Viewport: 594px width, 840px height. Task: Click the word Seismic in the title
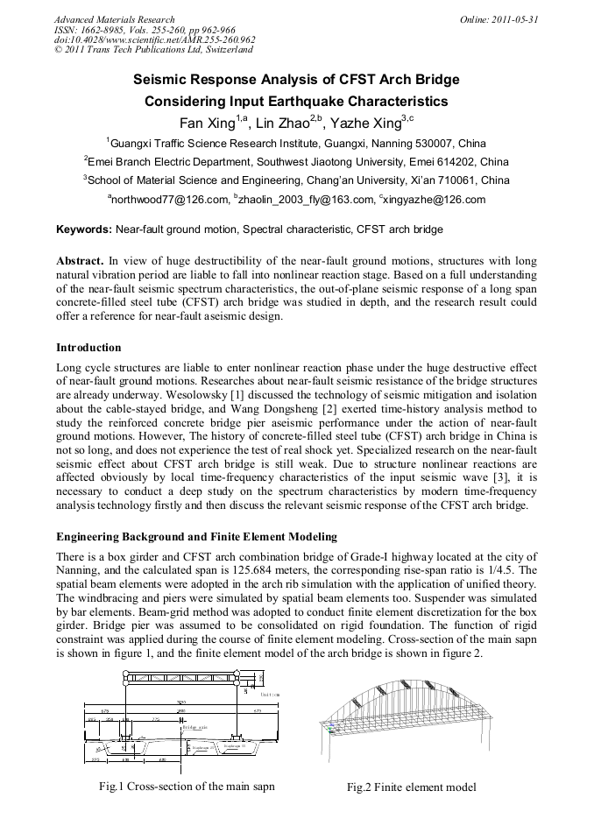point(161,80)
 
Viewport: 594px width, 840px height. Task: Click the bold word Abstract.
point(80,261)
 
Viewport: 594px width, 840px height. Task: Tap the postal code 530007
point(435,143)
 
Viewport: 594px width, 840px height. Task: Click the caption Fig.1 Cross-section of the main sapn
point(187,786)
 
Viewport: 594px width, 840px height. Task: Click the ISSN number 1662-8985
point(102,30)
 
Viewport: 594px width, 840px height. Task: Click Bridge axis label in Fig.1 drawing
point(193,727)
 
